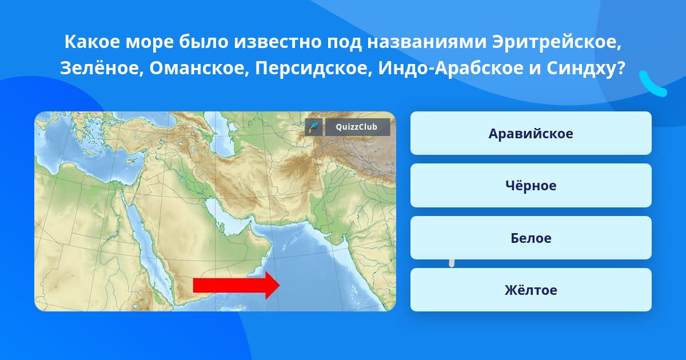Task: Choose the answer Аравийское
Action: (531, 134)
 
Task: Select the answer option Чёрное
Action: (531, 186)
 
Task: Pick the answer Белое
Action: (531, 238)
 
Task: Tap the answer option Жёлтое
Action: (531, 290)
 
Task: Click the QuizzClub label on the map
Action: (357, 127)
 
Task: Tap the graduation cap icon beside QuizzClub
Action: (314, 127)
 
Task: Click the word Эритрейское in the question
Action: (556, 42)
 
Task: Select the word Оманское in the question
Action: (199, 68)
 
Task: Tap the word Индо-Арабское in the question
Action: (451, 68)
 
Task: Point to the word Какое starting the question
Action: (92, 42)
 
